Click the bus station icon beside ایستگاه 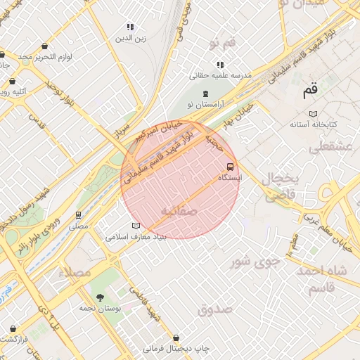230,167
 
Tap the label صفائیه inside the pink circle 179,210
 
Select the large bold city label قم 310,90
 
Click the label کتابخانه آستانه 314,124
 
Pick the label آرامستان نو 205,105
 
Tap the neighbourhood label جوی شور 256,262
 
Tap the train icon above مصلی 79,214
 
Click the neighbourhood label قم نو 221,44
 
